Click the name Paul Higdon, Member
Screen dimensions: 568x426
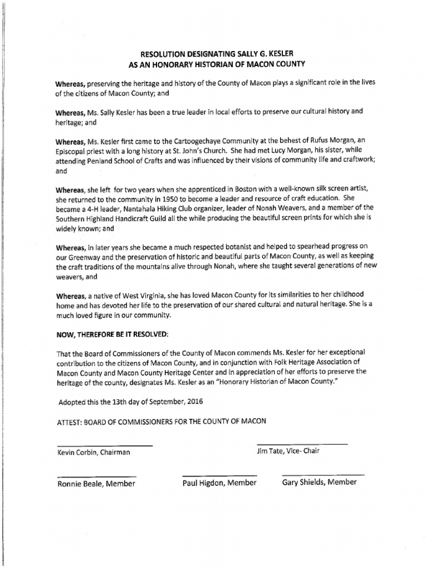pos(220,483)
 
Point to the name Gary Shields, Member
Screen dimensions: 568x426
pos(319,483)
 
